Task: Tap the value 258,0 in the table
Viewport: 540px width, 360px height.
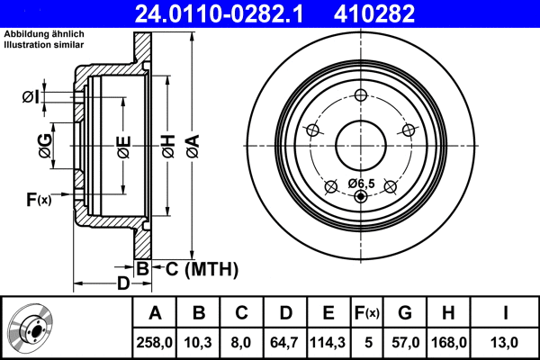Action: coord(154,342)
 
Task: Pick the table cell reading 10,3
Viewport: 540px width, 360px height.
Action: coord(199,342)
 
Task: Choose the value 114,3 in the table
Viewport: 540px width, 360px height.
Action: coord(328,342)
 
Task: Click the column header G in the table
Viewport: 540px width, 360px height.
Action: coord(404,312)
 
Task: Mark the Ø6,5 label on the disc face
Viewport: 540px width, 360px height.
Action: coord(360,184)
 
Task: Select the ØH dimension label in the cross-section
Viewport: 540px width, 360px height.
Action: coord(168,144)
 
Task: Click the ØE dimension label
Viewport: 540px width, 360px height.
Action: coord(123,144)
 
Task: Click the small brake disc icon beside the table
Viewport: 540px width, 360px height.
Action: coord(32,328)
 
